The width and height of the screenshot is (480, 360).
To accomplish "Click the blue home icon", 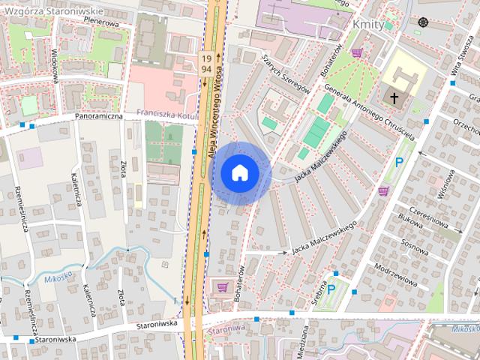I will pyautogui.click(x=240, y=173).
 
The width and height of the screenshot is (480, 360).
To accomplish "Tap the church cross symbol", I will pyautogui.click(x=394, y=97).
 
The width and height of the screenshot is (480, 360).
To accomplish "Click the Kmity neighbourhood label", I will pyautogui.click(x=367, y=24).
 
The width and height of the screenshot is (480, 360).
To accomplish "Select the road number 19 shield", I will pyautogui.click(x=205, y=58).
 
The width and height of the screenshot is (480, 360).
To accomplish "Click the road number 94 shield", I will pyautogui.click(x=205, y=69).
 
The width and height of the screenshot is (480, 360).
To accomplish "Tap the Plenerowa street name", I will pyautogui.click(x=102, y=22).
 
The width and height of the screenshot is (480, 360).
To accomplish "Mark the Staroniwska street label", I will pyautogui.click(x=156, y=325).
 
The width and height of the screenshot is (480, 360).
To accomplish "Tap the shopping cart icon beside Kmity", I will pyautogui.click(x=357, y=52).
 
